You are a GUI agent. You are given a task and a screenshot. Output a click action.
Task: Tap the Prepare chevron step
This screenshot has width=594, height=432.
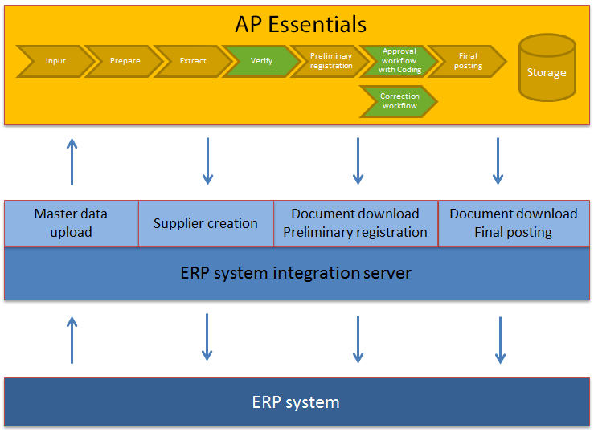coord(125,61)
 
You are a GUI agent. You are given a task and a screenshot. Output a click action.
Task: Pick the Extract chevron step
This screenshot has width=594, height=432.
coord(193,61)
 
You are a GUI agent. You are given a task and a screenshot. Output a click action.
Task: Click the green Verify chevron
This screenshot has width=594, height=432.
coord(261,61)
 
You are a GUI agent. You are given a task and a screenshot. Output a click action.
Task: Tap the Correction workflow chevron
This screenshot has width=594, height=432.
coord(399,101)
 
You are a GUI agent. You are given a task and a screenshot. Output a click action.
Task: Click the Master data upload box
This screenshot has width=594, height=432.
coord(71,223)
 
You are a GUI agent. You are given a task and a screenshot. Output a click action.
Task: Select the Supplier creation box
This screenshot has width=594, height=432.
coord(206,223)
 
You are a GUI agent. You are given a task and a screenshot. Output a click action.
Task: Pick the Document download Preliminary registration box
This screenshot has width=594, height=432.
coord(355,223)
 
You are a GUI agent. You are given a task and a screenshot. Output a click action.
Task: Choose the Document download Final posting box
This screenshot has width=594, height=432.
coord(514,223)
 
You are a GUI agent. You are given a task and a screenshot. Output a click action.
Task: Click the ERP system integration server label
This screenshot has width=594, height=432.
coord(296,273)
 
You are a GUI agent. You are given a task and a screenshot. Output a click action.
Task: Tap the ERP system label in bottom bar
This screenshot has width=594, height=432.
coord(296,402)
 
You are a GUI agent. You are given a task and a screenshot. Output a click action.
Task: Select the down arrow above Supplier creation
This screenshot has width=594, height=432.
coord(207,161)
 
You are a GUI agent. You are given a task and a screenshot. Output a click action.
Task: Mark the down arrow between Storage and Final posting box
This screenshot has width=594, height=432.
coord(498,161)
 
